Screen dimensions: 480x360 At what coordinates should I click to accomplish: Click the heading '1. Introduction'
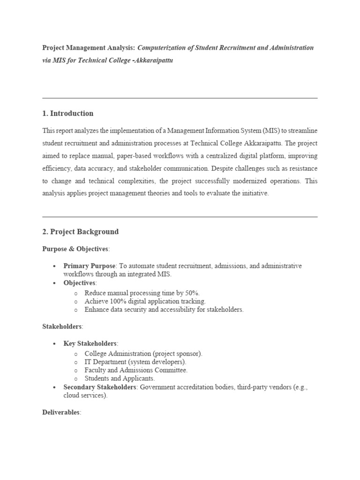(x=67, y=113)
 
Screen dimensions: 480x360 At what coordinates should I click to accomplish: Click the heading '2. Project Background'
(x=80, y=232)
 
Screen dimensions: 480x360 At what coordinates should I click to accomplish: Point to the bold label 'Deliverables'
(x=61, y=412)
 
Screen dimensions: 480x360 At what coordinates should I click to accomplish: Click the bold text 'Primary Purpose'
(x=89, y=266)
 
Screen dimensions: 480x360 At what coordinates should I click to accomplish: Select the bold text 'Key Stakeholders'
(x=90, y=344)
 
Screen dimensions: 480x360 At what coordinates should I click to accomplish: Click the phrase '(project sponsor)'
(x=178, y=353)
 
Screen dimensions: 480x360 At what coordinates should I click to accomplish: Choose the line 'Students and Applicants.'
(x=120, y=378)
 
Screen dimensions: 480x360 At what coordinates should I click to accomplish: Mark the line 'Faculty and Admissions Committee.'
(x=136, y=370)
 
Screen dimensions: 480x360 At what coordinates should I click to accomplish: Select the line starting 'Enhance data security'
(x=164, y=310)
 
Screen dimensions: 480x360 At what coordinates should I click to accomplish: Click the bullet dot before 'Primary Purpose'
(x=54, y=266)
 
